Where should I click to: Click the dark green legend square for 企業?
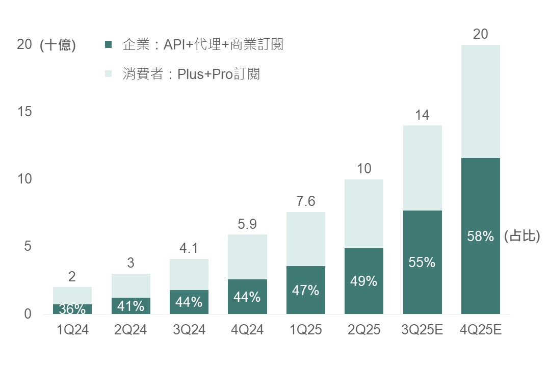[x=108, y=45]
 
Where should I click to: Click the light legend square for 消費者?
[x=108, y=74]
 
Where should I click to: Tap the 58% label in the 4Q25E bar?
[x=481, y=237]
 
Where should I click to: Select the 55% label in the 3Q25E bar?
[x=422, y=263]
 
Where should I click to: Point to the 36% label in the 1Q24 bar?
[x=72, y=308]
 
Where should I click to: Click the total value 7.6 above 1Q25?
[x=306, y=201]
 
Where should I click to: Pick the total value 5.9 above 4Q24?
[x=247, y=224]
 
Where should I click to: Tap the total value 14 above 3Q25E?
[x=422, y=115]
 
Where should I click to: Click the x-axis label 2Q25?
[x=364, y=330]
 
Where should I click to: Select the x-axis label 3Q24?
[x=189, y=330]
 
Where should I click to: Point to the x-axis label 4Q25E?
[x=481, y=330]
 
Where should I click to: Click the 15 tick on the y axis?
[x=24, y=112]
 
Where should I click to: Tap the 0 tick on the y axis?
[x=28, y=314]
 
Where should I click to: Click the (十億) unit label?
[x=58, y=45]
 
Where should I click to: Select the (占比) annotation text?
[x=521, y=237]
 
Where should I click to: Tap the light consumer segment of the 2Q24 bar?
[x=131, y=285]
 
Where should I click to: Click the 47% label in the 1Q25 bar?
[x=306, y=290]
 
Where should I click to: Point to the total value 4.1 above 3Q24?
[x=189, y=249]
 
